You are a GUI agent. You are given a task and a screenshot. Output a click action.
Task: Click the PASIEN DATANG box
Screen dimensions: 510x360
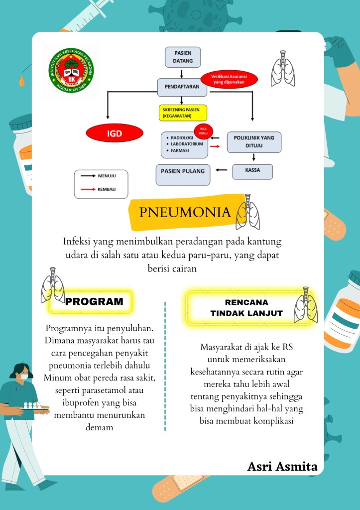[182, 57]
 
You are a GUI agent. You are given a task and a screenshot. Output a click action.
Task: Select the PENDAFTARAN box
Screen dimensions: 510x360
[182, 87]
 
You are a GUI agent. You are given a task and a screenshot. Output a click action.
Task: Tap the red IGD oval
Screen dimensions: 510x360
[115, 133]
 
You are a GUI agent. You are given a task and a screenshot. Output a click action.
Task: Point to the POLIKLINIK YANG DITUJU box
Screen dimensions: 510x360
[254, 142]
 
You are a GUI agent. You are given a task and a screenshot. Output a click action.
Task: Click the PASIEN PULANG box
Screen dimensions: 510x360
[183, 171]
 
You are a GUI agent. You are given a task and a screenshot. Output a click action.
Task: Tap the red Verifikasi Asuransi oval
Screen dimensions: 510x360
[229, 79]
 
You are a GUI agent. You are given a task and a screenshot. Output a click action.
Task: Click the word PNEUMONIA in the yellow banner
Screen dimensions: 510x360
[185, 213]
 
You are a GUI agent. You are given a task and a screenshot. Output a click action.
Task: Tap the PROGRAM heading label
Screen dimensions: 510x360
[94, 301]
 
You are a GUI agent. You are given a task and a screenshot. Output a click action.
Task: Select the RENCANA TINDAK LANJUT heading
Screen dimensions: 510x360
[246, 308]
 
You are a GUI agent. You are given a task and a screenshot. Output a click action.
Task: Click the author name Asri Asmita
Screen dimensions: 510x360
[282, 467]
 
